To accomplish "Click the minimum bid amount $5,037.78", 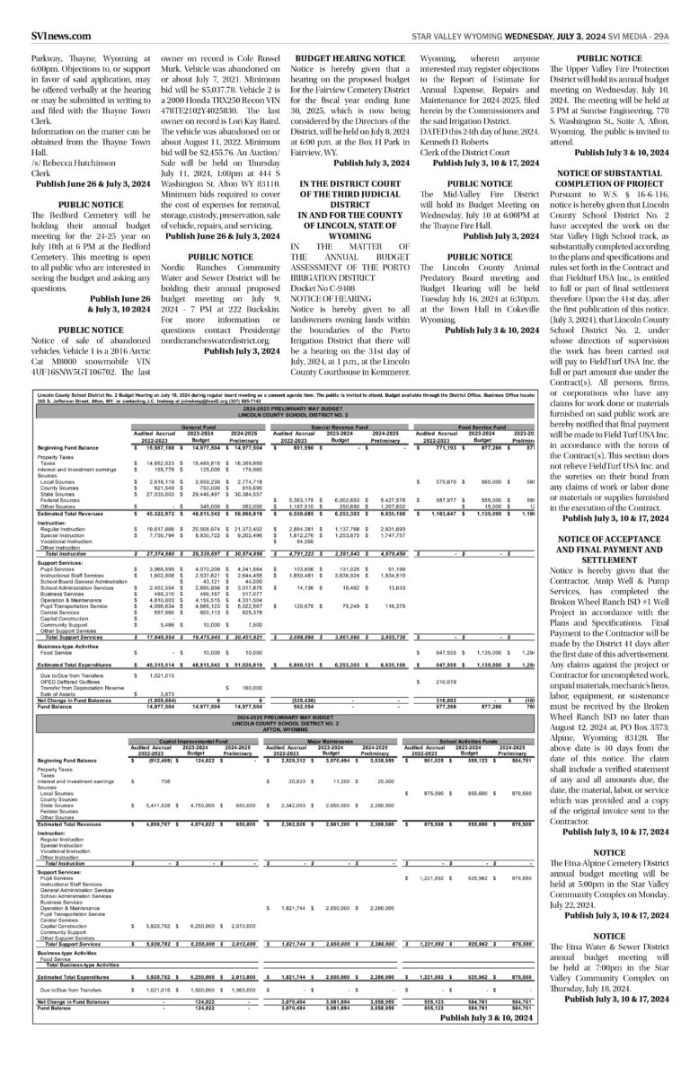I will point(212,115).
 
